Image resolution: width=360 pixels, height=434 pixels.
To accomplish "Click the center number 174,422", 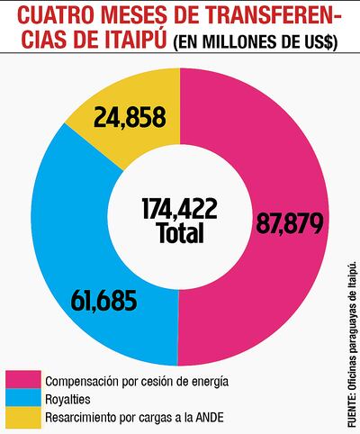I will (x=179, y=209).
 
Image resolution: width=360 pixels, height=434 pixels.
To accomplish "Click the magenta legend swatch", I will (x=22, y=379).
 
